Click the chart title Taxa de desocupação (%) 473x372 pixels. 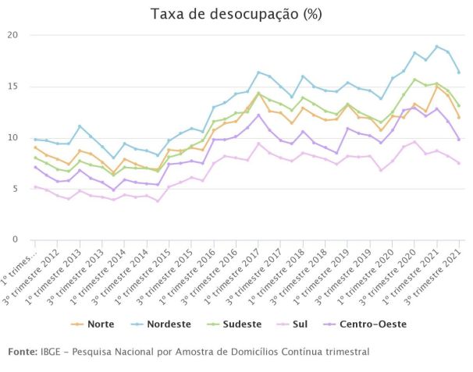tap(236, 14)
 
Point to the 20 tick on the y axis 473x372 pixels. tap(13, 35)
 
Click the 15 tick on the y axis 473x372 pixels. tap(13, 87)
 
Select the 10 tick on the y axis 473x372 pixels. tap(13, 137)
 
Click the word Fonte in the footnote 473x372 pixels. tap(21, 352)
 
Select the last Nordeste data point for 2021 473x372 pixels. tap(459, 73)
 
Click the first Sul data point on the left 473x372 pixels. tap(35, 186)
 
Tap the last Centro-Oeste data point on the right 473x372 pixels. tap(459, 140)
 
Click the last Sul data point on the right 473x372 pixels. tap(459, 163)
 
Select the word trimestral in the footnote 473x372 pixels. tap(344, 352)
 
